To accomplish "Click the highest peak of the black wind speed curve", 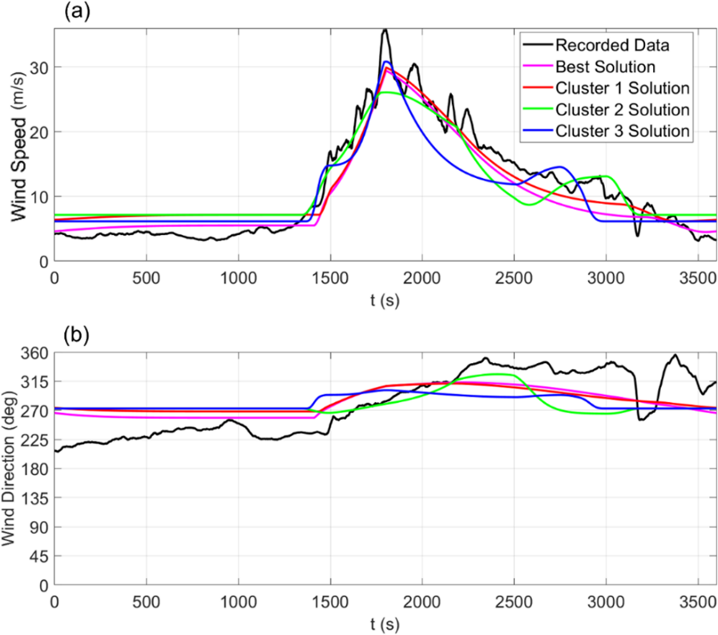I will click(385, 30).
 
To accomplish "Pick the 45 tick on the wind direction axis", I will click(39, 556).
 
